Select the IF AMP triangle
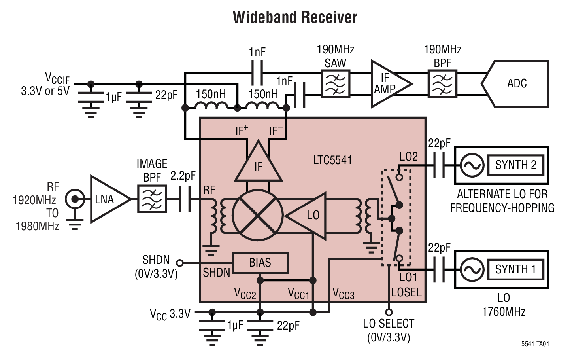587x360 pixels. coord(387,84)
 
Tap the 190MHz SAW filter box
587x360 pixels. coord(335,84)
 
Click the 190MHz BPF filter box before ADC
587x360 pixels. coord(442,84)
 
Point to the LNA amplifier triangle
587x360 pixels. coord(107,199)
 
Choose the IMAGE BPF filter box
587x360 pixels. coord(152,199)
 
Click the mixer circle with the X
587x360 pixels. coord(258,215)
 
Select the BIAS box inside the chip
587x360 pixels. coord(260,263)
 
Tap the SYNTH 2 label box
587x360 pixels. coord(515,165)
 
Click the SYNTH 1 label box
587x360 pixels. coord(515,269)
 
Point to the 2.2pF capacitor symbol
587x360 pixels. coord(184,199)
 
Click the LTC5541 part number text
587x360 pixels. coord(332,160)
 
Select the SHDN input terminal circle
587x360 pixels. coord(180,263)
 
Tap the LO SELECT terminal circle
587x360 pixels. coord(389,312)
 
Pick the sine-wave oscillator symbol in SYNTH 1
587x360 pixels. coord(472,269)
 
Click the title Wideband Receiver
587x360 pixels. coord(294,17)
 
